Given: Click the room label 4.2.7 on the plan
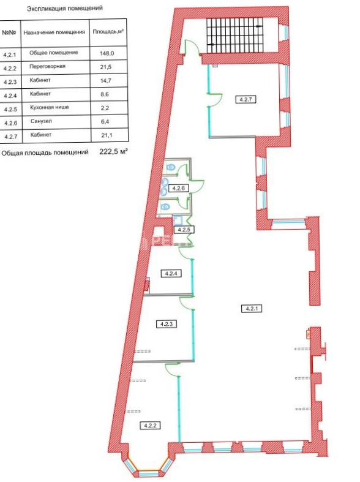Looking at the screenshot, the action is pos(246,100).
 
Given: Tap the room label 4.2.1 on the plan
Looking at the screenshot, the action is pos(252,308).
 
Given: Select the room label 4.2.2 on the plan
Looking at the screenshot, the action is pos(150,426).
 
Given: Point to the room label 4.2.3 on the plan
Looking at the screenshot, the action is pos(167,324).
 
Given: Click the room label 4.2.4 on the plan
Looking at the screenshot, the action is pos(171,273).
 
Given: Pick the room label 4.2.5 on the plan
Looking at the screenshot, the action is pos(184,230).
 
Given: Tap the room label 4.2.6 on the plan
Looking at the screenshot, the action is pos(178,188).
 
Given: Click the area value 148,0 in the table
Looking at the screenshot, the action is pos(107,53).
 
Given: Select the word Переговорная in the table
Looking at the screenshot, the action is pos(47,66).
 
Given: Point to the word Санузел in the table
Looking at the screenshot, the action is pos(41,121).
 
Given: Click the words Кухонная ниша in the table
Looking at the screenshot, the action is pos(49,107).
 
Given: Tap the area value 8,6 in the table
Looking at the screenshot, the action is pos(105,94).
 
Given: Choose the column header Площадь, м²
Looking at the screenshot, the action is pos(108,32).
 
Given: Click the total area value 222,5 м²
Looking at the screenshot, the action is pos(113,151).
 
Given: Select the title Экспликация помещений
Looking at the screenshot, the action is pos(64,9).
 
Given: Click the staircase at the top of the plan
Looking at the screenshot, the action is pos(235,36).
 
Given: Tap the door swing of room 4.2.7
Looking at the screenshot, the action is pos(217,99).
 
